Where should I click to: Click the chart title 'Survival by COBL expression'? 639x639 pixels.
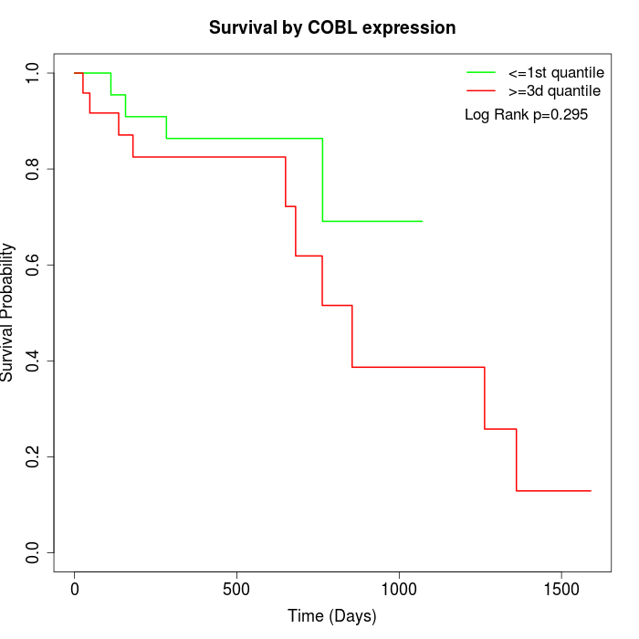(332, 27)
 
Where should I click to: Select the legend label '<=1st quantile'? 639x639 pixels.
(555, 72)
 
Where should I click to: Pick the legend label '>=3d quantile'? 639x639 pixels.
(554, 90)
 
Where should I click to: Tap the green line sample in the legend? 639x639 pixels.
(481, 72)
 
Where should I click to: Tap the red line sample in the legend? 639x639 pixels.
(481, 90)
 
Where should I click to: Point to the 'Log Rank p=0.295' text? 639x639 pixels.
(526, 115)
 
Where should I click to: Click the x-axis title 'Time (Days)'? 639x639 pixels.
(332, 616)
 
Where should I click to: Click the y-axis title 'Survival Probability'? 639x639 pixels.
(9, 312)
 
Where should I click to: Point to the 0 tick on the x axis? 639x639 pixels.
(75, 589)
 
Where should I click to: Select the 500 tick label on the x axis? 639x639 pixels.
(236, 589)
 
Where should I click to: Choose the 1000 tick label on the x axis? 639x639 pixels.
(399, 589)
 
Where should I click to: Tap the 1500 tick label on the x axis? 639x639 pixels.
(560, 589)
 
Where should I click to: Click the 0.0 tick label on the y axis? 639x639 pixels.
(34, 552)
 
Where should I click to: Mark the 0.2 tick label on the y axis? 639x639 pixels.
(34, 456)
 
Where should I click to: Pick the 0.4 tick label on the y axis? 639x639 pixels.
(34, 361)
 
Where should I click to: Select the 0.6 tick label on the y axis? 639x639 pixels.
(34, 265)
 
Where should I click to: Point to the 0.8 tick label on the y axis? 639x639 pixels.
(34, 169)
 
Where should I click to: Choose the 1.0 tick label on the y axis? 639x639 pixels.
(34, 73)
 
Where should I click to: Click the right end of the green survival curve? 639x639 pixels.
(422, 221)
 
